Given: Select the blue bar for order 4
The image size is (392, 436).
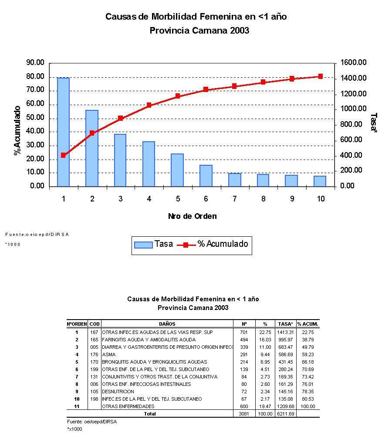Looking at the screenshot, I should pyautogui.click(x=149, y=163).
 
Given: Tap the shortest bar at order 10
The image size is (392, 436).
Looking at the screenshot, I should pyautogui.click(x=320, y=181).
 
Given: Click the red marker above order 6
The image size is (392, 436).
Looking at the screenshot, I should pyautogui.click(x=206, y=89).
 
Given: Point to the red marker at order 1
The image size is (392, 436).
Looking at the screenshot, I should pyautogui.click(x=63, y=155).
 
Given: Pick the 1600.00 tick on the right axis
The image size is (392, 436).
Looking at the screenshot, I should pyautogui.click(x=353, y=63).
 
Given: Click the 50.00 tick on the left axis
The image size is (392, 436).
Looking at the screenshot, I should pyautogui.click(x=35, y=118).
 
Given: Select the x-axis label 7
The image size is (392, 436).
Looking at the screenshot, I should pyautogui.click(x=234, y=199).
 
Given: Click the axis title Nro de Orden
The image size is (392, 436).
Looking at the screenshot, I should pyautogui.click(x=192, y=216).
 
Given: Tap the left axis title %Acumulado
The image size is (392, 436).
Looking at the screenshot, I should pyautogui.click(x=17, y=130).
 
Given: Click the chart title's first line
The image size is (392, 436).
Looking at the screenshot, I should pyautogui.click(x=196, y=17).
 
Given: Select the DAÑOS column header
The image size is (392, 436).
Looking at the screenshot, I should pyautogui.click(x=167, y=324).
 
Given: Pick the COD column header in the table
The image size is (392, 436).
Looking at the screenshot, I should pyautogui.click(x=95, y=324).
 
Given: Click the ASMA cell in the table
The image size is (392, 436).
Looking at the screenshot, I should pyautogui.click(x=109, y=354).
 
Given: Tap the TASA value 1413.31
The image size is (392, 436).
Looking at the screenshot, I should pyautogui.click(x=286, y=332).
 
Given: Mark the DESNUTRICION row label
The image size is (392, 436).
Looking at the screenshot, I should pyautogui.click(x=118, y=392).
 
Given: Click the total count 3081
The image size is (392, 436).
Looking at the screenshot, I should pyautogui.click(x=243, y=414).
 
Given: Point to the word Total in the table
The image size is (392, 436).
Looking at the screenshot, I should pyautogui.click(x=149, y=414).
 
